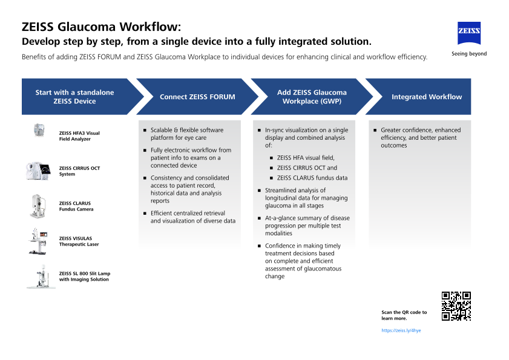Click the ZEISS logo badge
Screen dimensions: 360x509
pyautogui.click(x=468, y=33)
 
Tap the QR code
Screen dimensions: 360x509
pyautogui.click(x=456, y=306)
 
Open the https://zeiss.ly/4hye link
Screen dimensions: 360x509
pyautogui.click(x=401, y=331)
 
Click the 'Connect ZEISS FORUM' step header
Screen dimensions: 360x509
pyautogui.click(x=197, y=97)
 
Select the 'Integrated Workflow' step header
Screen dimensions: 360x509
pyautogui.click(x=426, y=97)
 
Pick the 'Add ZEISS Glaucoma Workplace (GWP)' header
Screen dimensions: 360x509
pyautogui.click(x=312, y=97)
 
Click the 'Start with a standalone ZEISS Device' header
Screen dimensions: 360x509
pyautogui.click(x=74, y=97)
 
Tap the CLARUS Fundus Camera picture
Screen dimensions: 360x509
pyautogui.click(x=39, y=206)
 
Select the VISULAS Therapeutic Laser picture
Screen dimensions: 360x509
pyautogui.click(x=41, y=241)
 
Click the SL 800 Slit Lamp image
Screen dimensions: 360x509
pyautogui.click(x=41, y=276)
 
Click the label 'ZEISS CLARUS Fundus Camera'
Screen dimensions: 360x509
pyautogui.click(x=76, y=206)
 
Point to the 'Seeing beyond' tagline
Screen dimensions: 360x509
pyautogui.click(x=468, y=54)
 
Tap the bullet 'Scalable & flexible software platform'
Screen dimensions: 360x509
pyautogui.click(x=186, y=134)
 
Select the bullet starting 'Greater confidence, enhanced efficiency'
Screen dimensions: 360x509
pyautogui.click(x=420, y=137)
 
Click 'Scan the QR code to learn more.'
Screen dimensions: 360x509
pyautogui.click(x=404, y=315)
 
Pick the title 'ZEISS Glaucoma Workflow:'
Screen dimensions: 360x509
pyautogui.click(x=101, y=27)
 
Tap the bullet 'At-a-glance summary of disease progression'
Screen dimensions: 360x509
pyautogui.click(x=307, y=225)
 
